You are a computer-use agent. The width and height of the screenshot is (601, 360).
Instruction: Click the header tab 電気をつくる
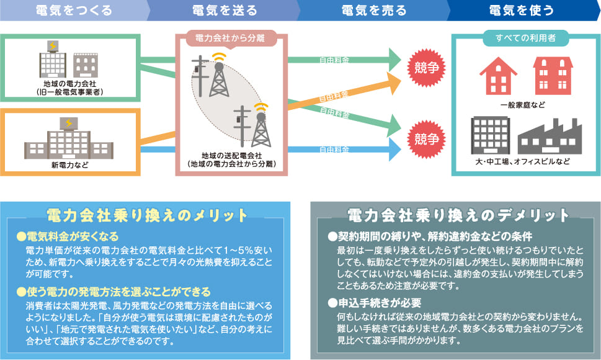point(74,11)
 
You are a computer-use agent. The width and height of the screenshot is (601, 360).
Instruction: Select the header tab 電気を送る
point(223,11)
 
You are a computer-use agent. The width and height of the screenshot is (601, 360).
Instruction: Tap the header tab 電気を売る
point(374,11)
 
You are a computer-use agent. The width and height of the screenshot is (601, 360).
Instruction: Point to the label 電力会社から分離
point(229,38)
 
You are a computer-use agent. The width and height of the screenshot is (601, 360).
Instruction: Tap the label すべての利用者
point(525,38)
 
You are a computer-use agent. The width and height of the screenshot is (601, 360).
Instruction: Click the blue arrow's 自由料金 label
point(334,150)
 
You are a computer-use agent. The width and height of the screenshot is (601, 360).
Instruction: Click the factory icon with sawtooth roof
point(550,135)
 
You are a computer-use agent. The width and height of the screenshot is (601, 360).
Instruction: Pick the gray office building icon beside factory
point(490,133)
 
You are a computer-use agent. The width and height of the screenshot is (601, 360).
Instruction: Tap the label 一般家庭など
point(525,104)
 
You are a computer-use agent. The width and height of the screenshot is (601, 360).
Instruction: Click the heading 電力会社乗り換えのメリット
point(146,215)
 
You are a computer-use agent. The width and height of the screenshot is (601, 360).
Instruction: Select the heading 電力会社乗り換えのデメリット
point(458,215)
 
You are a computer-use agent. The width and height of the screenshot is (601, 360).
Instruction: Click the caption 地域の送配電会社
point(231,155)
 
